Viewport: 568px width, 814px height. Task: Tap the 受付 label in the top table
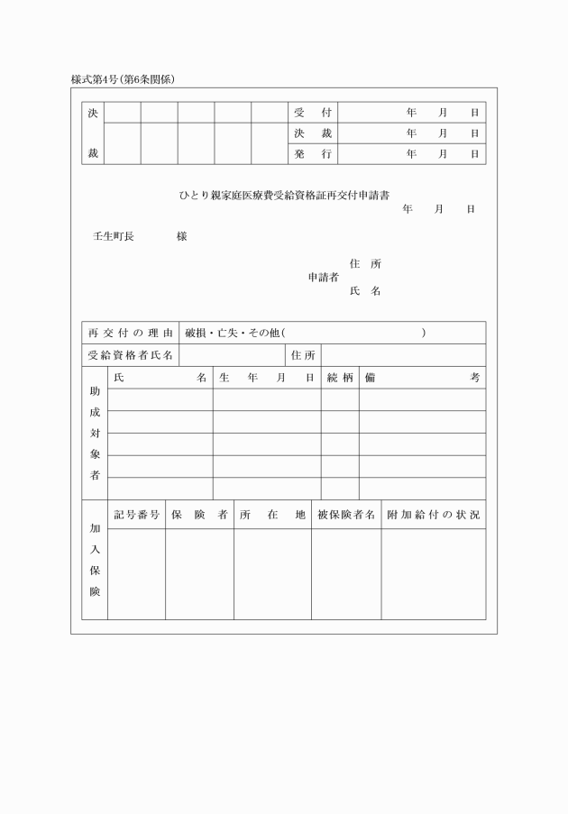pos(313,114)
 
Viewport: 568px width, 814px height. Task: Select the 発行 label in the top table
pos(313,154)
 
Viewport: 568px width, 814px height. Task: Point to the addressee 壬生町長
pos(114,236)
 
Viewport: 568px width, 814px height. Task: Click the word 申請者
pos(323,278)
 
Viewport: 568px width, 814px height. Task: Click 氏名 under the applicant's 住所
pos(365,291)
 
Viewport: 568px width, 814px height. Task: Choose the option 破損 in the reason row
pos(195,333)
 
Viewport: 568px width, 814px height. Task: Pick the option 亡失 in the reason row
pos(227,333)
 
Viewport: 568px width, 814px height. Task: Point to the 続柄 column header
pos(340,378)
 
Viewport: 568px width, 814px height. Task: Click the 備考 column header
pos(422,378)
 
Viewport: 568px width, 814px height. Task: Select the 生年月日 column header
pos(267,378)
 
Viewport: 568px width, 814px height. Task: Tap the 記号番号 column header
pos(137,515)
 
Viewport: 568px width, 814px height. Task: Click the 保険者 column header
pos(199,515)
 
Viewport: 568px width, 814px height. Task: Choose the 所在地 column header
pos(272,515)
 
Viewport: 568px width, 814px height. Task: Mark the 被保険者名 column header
pos(346,515)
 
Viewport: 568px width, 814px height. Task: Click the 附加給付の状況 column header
pos(433,515)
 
